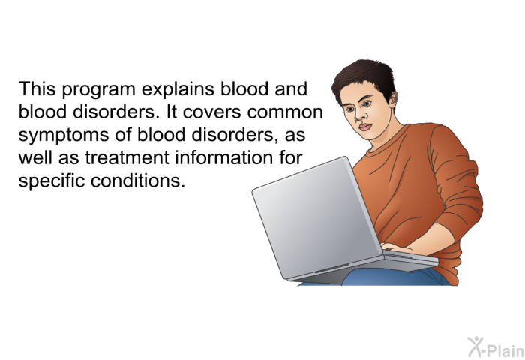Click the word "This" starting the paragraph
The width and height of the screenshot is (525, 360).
[37, 88]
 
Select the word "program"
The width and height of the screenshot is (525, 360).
[98, 91]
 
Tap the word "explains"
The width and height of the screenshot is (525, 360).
[178, 90]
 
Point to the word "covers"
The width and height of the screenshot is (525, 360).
[212, 112]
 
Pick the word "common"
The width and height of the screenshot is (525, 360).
[285, 112]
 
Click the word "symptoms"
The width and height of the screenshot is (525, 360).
[64, 136]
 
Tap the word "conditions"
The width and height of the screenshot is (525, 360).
[137, 181]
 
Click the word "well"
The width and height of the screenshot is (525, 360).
[35, 157]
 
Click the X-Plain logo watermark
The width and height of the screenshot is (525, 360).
[496, 347]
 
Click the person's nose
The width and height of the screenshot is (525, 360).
[359, 115]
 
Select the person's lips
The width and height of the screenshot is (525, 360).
[365, 127]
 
